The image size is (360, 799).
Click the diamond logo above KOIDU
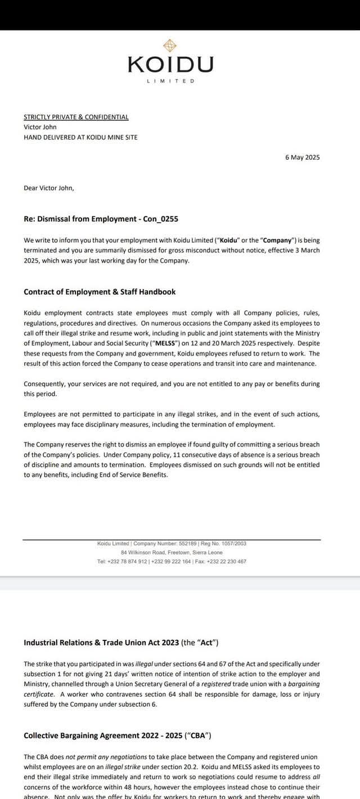pyautogui.click(x=170, y=46)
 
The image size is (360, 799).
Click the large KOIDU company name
pyautogui.click(x=170, y=65)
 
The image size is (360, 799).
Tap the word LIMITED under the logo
pyautogui.click(x=170, y=81)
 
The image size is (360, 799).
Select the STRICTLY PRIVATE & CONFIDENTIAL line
pyautogui.click(x=76, y=117)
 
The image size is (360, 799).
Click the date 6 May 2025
pyautogui.click(x=302, y=157)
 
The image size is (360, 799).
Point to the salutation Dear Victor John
pyautogui.click(x=49, y=188)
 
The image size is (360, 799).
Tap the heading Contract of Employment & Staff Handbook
pyautogui.click(x=100, y=292)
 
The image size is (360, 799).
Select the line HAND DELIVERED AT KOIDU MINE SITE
pyautogui.click(x=80, y=137)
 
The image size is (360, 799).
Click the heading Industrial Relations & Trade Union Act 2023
pyautogui.click(x=121, y=643)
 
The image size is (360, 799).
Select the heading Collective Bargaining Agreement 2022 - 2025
pyautogui.click(x=117, y=735)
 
